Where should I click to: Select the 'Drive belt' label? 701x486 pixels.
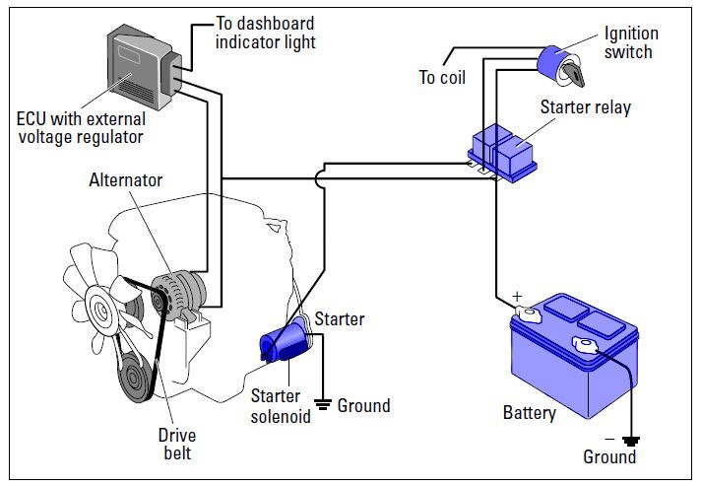point(178,445)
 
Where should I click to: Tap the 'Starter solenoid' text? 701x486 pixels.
point(277,407)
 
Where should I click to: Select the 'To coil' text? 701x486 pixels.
point(442,77)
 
